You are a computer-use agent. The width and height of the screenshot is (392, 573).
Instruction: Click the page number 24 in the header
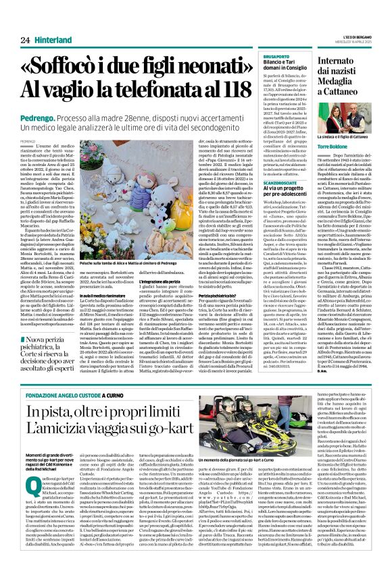pos(15,22)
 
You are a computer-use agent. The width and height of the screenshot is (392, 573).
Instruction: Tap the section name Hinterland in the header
pos(41,22)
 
